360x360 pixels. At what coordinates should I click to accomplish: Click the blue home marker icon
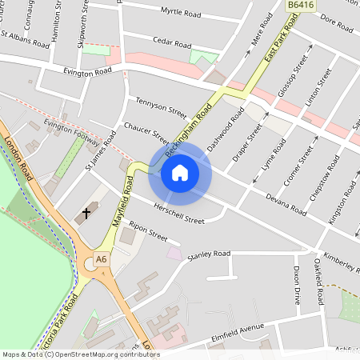tap(180, 173)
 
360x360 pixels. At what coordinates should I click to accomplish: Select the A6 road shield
tap(101, 259)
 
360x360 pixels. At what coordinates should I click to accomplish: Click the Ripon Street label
tap(148, 232)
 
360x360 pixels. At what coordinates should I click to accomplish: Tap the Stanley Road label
tap(208, 255)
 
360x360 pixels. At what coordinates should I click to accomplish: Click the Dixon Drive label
tap(296, 286)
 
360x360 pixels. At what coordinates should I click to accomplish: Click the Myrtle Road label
tap(181, 13)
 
